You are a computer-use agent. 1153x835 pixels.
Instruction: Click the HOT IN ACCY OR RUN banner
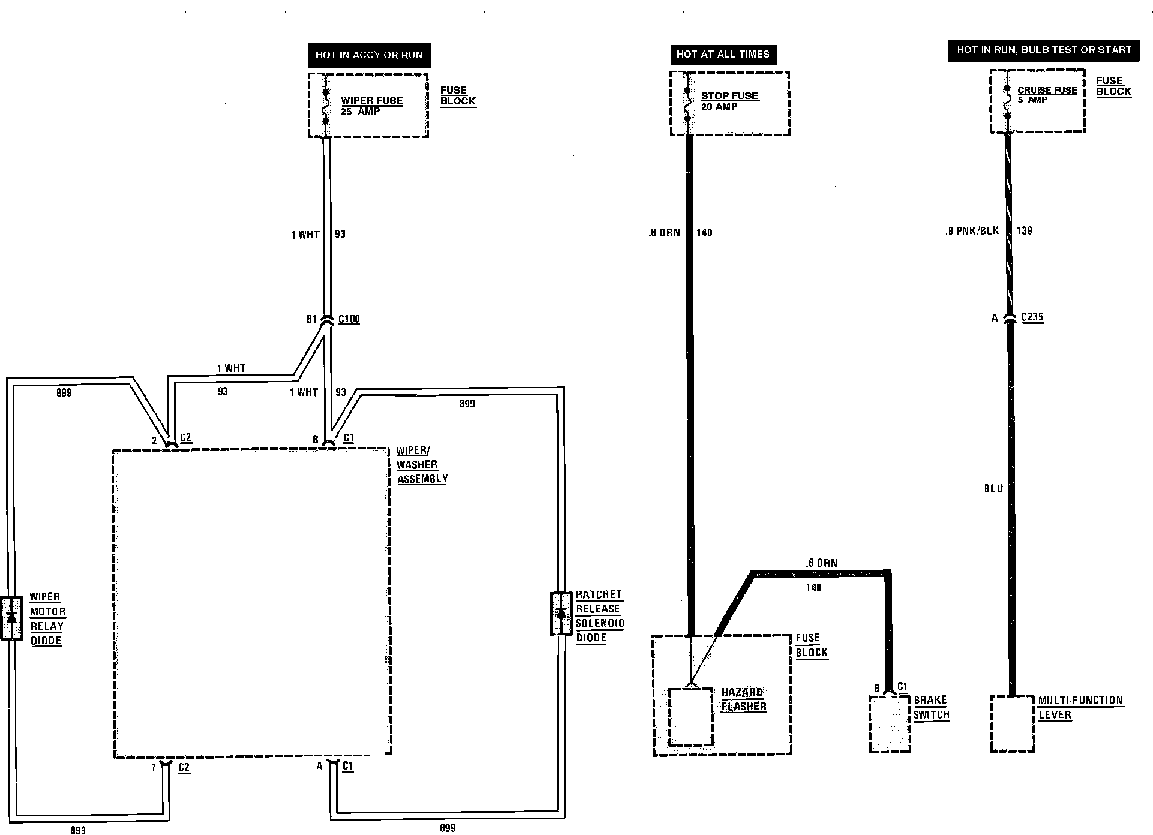[369, 55]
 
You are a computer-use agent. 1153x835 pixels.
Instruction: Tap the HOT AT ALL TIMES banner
[723, 54]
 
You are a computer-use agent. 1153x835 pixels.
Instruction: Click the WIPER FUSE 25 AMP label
[371, 106]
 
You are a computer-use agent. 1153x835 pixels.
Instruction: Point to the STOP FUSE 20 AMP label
[729, 101]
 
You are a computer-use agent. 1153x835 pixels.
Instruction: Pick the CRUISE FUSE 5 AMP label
[1047, 95]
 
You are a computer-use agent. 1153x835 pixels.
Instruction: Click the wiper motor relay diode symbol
[11, 618]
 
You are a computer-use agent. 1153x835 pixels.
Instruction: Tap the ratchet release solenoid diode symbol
[561, 613]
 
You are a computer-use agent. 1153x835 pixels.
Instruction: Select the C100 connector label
[349, 319]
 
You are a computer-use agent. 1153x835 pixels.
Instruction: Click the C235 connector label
[1032, 317]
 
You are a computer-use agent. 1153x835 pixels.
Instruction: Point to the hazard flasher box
[691, 716]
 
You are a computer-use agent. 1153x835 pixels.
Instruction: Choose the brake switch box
[890, 723]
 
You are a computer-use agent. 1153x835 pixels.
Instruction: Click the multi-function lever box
[1012, 723]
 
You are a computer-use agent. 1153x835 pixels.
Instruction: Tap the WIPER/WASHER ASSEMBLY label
[422, 465]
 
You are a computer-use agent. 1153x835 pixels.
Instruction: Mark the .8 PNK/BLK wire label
[972, 230]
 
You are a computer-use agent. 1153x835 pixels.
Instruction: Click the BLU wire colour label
[993, 489]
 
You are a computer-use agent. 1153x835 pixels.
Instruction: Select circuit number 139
[1025, 230]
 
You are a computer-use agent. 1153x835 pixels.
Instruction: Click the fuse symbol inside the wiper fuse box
[326, 107]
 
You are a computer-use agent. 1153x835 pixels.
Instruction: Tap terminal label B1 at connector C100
[311, 319]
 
